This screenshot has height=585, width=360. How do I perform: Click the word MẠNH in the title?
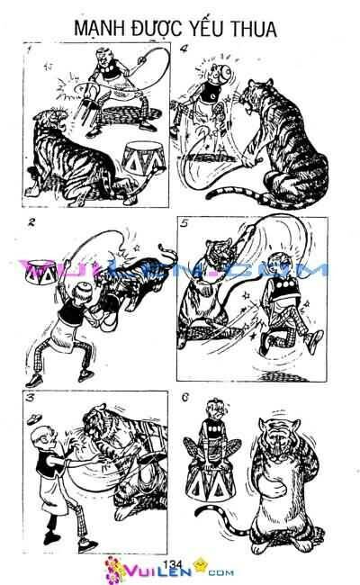coord(101,31)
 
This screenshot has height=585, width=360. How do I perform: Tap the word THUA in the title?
coord(253,31)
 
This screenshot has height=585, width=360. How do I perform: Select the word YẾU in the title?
coord(202,31)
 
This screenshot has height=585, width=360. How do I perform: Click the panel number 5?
coord(184,225)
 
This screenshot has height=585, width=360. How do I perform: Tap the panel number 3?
coord(32,396)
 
